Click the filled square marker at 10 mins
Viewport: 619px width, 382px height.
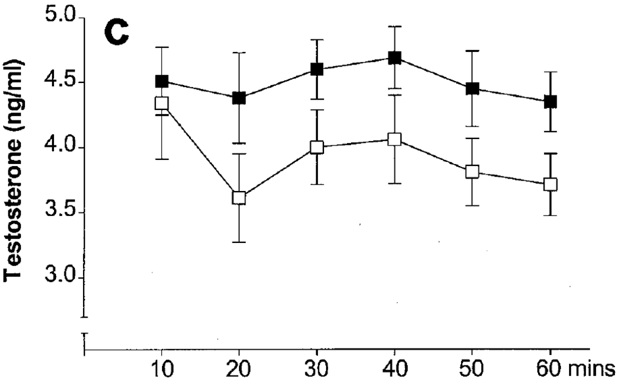[161, 81]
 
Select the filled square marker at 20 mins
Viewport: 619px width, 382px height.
[239, 98]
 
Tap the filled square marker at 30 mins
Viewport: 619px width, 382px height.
[317, 69]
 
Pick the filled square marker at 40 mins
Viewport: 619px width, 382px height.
[394, 58]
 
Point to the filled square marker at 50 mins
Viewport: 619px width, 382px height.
[472, 88]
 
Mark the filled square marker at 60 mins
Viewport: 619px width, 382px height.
[550, 101]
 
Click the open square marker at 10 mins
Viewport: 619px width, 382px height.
[161, 103]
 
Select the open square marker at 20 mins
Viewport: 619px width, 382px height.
[239, 198]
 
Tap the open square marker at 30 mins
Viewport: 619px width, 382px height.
[317, 147]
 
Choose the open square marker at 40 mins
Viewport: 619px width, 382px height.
[394, 139]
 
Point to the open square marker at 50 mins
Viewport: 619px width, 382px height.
[472, 172]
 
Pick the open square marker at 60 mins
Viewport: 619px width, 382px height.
[550, 184]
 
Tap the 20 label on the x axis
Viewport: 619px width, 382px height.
[239, 366]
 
